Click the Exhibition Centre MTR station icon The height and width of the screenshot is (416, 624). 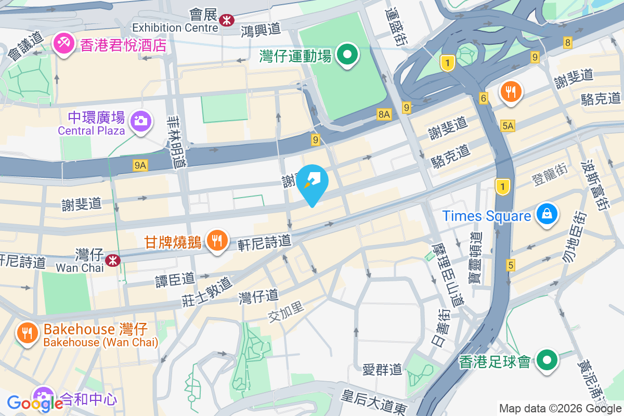click(226, 20)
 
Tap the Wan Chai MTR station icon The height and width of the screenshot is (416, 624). click(112, 260)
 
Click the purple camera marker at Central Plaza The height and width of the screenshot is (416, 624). click(140, 121)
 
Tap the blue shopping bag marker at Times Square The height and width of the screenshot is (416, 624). click(547, 214)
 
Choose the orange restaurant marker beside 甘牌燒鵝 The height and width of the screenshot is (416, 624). click(216, 241)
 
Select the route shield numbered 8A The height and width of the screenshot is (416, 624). click(384, 114)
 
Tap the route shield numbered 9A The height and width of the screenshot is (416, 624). click(140, 165)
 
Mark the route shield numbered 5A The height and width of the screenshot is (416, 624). click(508, 125)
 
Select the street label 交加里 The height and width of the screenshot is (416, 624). click(286, 313)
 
